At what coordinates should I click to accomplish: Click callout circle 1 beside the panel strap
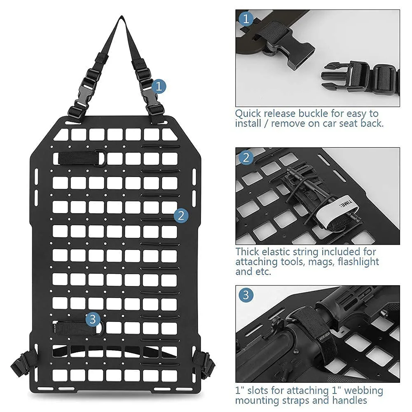[x=159, y=87]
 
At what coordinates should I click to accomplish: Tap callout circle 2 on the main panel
[x=181, y=215]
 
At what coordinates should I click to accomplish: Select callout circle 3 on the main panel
[x=92, y=320]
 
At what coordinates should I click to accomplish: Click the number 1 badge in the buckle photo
[x=246, y=19]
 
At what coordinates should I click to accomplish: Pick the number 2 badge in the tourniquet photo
[x=246, y=158]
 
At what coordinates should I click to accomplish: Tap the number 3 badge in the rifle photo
[x=246, y=295]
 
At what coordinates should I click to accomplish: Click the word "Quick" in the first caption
[x=248, y=114]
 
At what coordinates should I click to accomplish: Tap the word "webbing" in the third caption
[x=364, y=391]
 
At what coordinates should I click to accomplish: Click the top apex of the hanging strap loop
[x=122, y=17]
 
